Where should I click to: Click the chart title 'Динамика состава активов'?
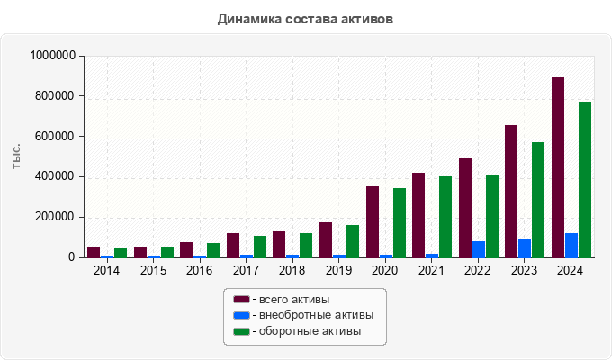pos(305,18)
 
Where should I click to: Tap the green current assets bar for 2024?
pos(585,180)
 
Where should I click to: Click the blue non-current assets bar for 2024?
pos(571,246)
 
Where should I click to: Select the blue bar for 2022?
pos(479,249)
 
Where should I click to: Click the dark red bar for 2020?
pos(373,221)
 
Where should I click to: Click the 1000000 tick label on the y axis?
pos(51,56)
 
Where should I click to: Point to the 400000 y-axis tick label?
pos(55,176)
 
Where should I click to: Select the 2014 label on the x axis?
pos(106,271)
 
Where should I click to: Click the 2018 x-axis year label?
pos(292,271)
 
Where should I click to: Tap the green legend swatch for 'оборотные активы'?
pos(241,332)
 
